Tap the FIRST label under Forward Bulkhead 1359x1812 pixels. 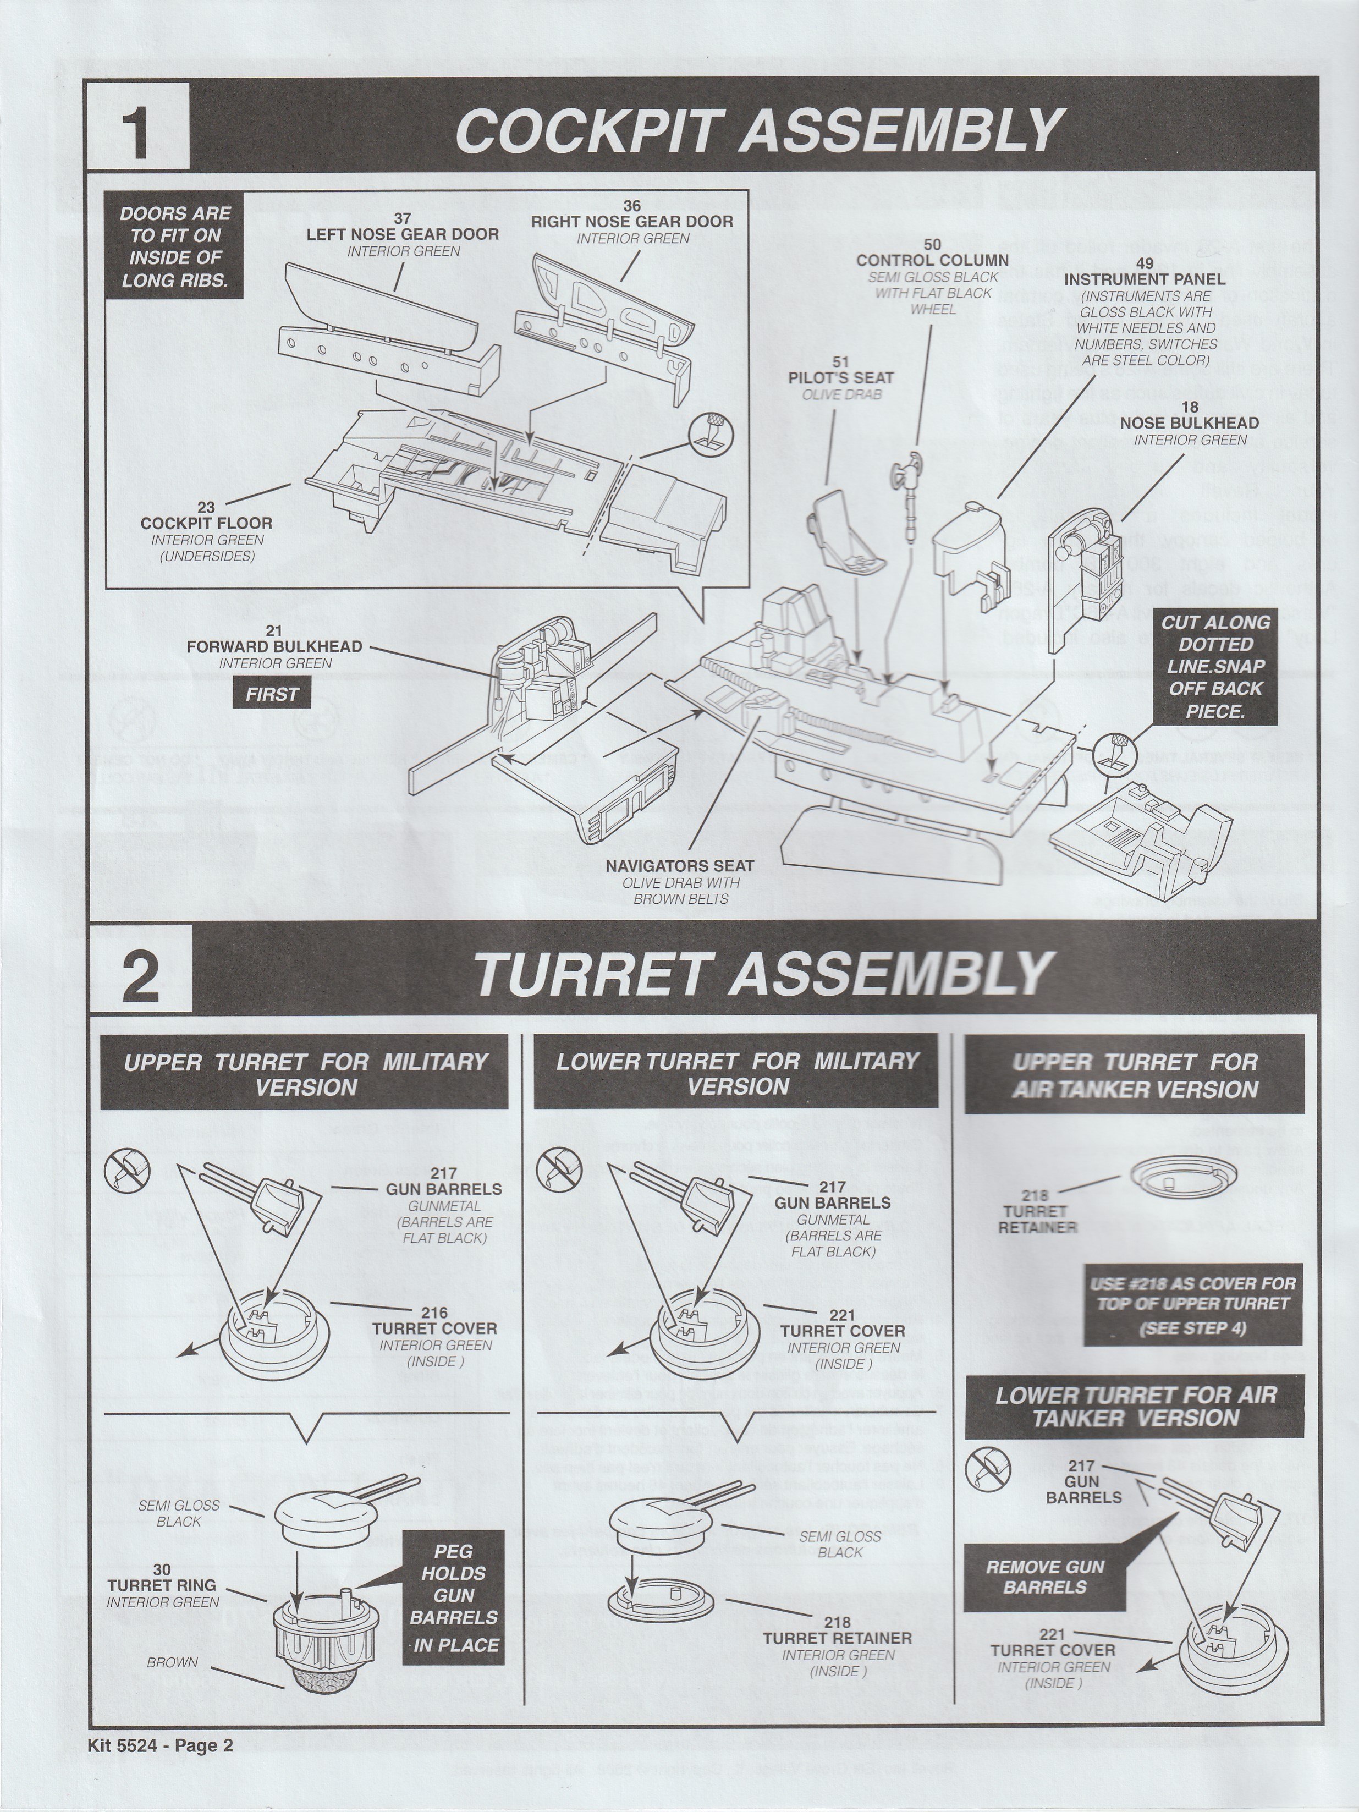(273, 695)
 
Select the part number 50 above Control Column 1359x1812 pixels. (932, 244)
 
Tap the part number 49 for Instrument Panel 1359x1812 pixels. (1145, 263)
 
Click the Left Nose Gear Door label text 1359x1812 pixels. (402, 234)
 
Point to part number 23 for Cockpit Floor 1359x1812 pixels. (206, 508)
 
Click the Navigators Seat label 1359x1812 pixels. (680, 866)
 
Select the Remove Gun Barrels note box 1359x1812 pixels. (1046, 1577)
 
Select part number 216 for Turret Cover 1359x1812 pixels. (434, 1313)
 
